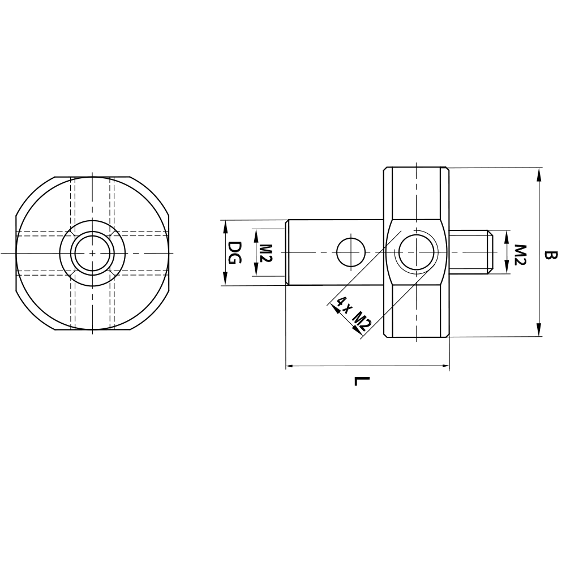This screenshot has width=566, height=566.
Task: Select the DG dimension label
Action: coord(235,252)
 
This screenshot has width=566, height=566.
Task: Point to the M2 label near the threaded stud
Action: coord(521,253)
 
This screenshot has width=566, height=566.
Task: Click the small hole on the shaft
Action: coord(350,252)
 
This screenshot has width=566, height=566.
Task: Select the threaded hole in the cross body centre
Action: coord(417,252)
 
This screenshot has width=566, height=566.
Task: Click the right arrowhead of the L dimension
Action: coord(444,367)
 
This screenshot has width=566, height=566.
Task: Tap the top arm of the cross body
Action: coord(417,192)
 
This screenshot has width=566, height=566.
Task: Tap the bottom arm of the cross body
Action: coord(417,311)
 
